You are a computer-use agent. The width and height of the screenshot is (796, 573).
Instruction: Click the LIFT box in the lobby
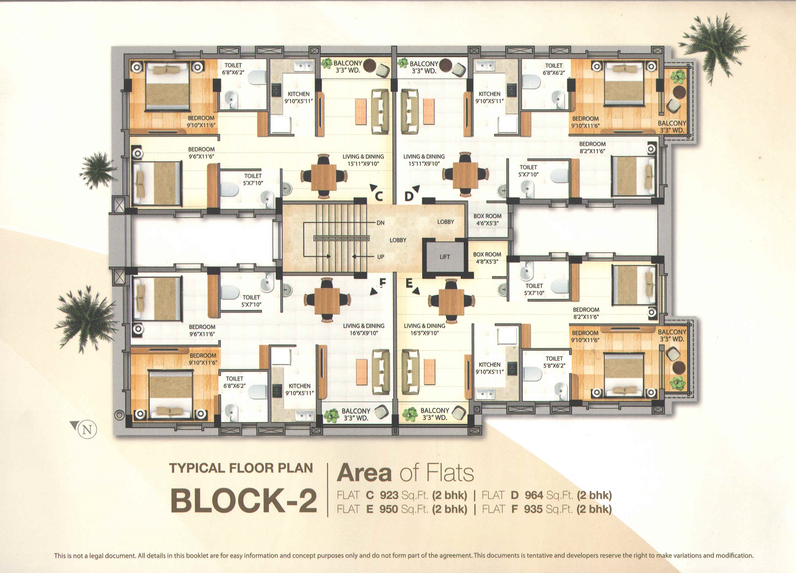click(445, 257)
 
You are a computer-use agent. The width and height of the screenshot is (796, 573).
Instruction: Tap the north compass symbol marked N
click(87, 430)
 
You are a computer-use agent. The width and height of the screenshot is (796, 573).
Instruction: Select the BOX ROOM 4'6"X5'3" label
click(487, 219)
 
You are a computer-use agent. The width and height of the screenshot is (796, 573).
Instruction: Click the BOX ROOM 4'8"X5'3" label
click(487, 258)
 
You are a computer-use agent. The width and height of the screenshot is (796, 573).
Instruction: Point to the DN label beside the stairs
click(381, 223)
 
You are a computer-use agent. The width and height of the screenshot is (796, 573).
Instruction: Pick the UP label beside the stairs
click(381, 257)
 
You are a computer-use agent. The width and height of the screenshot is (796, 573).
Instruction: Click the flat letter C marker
click(379, 196)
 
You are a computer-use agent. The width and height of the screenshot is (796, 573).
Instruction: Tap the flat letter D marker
click(409, 196)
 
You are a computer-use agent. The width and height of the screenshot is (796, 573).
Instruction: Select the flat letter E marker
click(409, 283)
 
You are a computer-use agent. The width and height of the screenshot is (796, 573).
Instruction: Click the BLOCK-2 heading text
click(243, 500)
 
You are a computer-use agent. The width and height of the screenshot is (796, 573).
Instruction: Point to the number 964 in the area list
click(534, 495)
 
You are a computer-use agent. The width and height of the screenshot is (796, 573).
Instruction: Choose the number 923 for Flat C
click(389, 495)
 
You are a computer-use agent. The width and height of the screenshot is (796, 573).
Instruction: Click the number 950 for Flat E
click(388, 509)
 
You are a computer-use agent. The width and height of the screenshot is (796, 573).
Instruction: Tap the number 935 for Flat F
click(533, 509)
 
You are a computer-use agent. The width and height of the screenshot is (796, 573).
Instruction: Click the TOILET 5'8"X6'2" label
click(554, 362)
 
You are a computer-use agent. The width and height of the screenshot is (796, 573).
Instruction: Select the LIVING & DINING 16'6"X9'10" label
click(363, 329)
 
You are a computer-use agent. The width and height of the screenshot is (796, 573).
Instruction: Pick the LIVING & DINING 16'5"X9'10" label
click(425, 329)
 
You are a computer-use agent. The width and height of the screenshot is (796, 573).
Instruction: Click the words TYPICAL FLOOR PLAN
click(241, 468)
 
